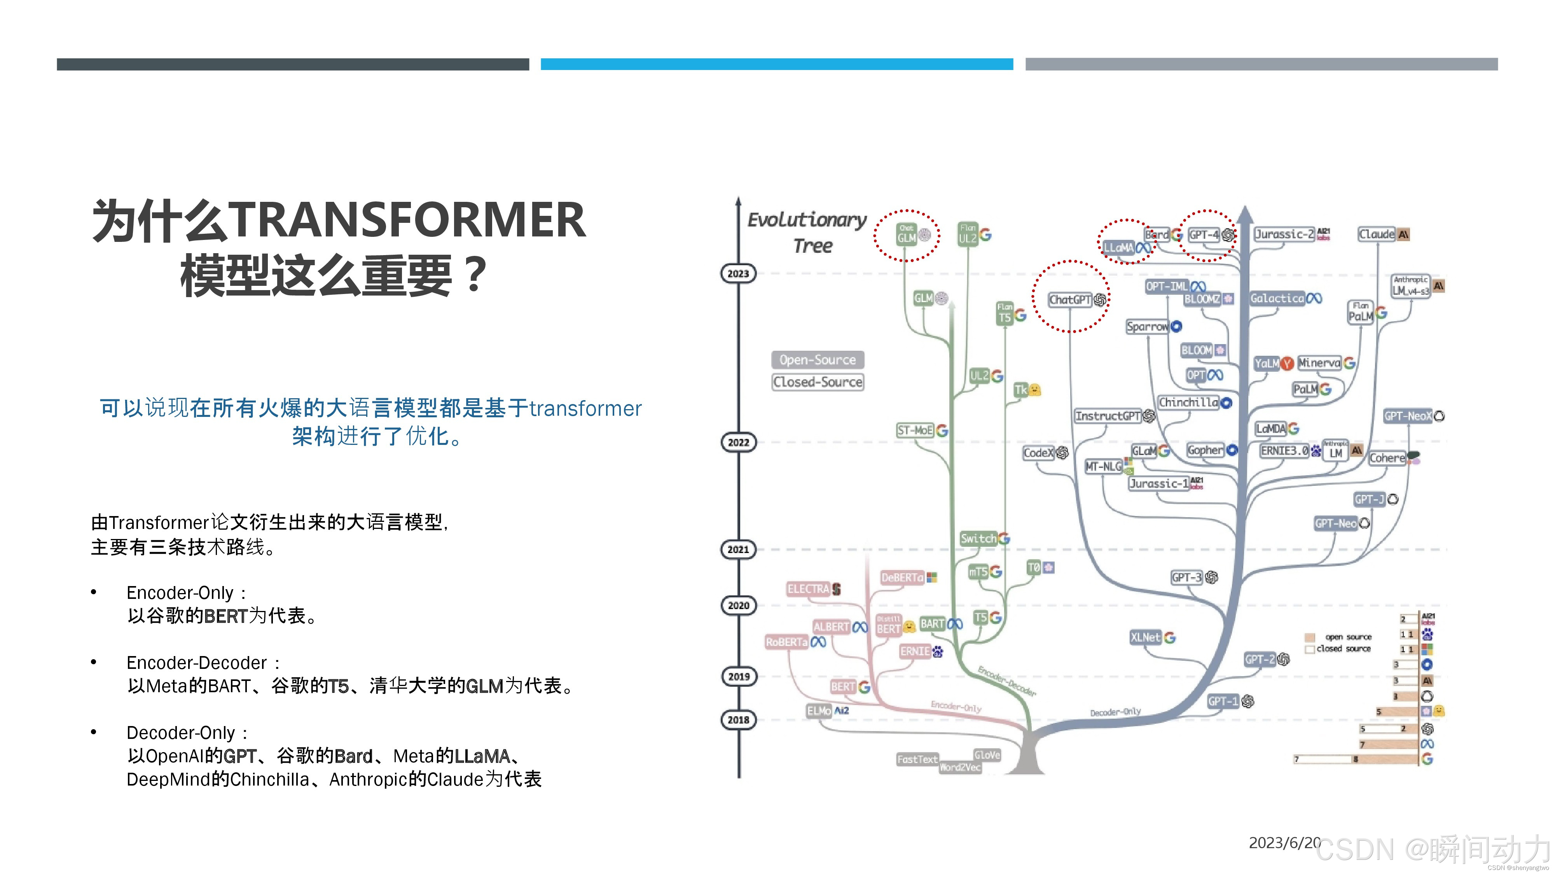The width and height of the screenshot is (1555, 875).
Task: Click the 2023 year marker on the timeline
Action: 738,273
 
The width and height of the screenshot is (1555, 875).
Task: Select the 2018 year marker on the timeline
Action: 738,720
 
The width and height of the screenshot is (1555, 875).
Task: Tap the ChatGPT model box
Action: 1070,299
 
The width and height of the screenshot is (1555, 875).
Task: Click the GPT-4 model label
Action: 1204,234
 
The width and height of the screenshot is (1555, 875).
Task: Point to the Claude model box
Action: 1376,234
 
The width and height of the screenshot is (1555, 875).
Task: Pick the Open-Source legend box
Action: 817,360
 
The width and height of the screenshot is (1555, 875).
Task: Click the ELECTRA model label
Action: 808,589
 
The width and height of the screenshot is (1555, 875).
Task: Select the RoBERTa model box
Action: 786,642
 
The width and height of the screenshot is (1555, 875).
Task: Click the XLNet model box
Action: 1145,637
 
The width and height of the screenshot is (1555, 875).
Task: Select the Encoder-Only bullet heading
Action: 180,593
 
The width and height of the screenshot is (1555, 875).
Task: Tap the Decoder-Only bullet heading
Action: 180,733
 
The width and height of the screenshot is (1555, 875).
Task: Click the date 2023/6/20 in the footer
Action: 1284,842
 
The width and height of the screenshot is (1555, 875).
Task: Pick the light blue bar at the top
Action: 776,64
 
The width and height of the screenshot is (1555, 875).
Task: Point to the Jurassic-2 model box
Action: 1284,234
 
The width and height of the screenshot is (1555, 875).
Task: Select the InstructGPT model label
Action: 1108,416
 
